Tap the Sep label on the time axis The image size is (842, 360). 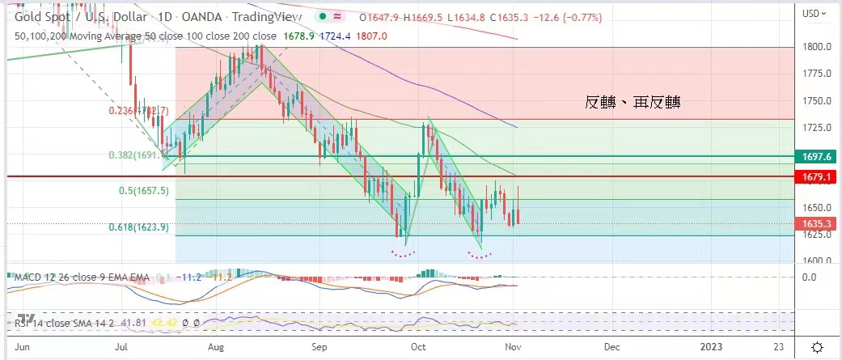click(x=319, y=347)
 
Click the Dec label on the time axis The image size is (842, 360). click(x=611, y=347)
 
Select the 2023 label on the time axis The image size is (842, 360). click(x=711, y=347)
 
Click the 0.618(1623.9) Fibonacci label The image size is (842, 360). click(x=138, y=228)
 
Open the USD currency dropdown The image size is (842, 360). click(x=813, y=14)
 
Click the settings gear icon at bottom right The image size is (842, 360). click(x=818, y=347)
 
